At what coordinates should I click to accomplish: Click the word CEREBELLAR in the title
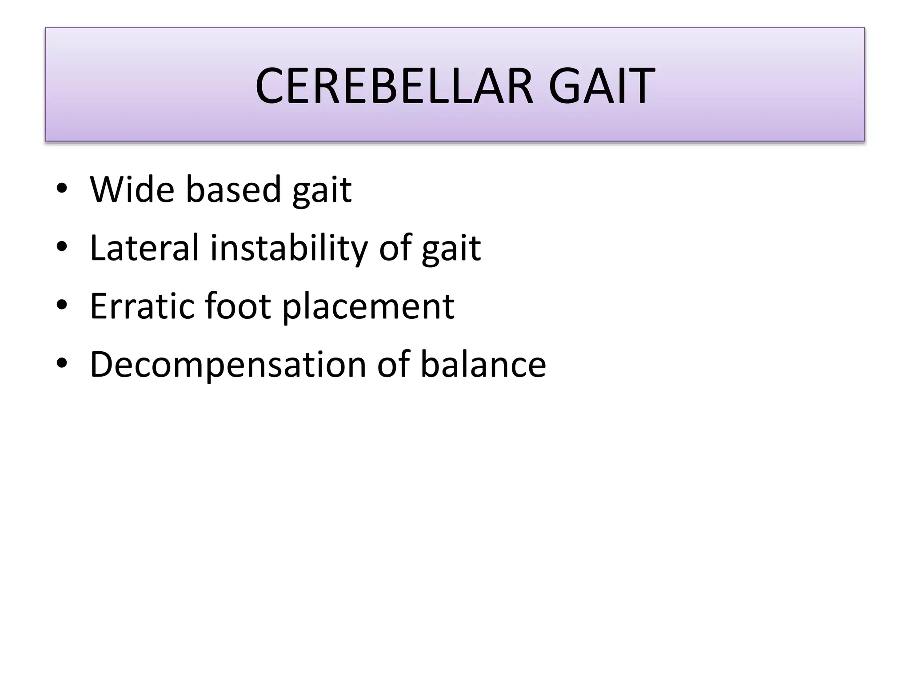pos(394,86)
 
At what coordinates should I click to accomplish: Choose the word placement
pos(368,308)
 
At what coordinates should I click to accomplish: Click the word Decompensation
pos(228,365)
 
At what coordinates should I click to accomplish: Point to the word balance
pos(483,365)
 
